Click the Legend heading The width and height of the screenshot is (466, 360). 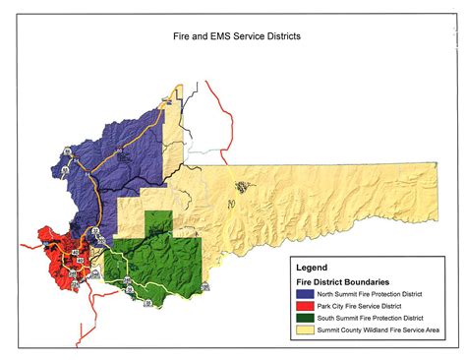click(314, 267)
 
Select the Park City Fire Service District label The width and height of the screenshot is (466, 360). click(360, 306)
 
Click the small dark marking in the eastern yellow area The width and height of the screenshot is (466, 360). click(239, 184)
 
